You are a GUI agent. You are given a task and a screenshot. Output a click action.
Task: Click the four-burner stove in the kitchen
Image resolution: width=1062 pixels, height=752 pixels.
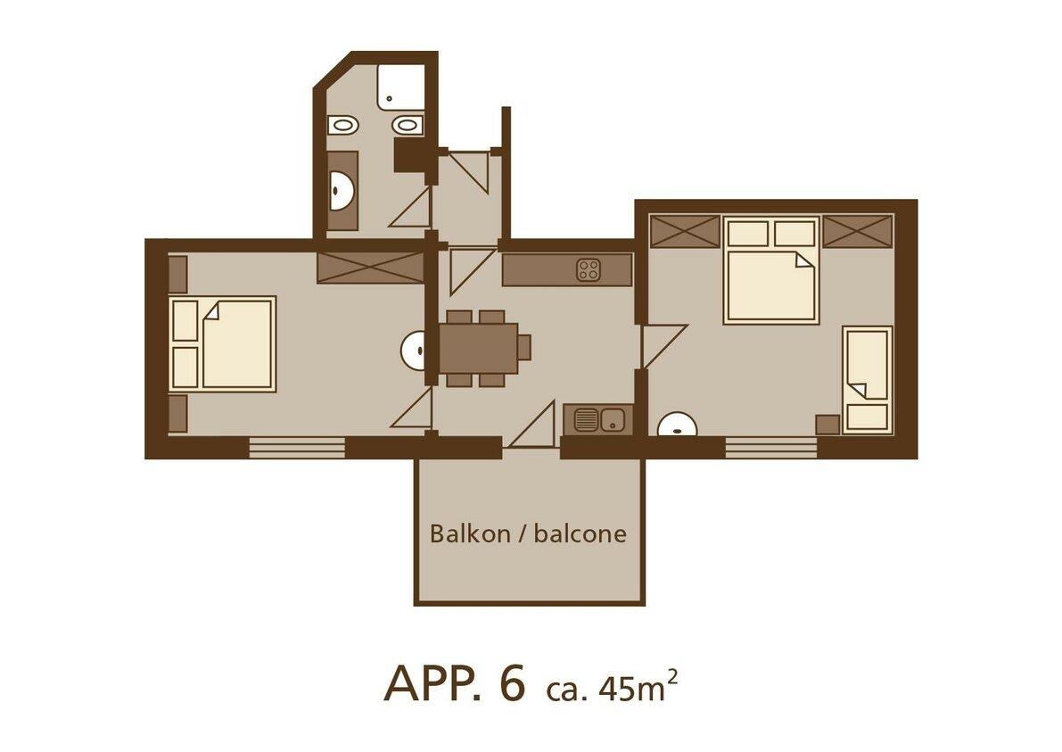(589, 269)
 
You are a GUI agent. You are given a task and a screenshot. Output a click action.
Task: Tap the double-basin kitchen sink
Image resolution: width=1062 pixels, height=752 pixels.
(598, 419)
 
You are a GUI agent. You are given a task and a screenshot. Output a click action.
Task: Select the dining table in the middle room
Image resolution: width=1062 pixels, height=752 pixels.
(478, 348)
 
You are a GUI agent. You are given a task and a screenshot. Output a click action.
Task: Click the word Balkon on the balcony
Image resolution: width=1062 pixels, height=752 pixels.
(470, 533)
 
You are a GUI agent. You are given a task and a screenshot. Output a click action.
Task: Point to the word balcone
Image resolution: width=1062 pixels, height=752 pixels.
(580, 533)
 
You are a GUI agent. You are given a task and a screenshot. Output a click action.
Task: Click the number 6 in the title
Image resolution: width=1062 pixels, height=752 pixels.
(512, 682)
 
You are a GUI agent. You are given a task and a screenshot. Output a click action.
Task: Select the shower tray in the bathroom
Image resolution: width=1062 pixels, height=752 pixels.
(401, 87)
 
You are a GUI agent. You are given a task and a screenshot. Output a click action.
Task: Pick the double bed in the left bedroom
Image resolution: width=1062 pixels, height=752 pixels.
(223, 344)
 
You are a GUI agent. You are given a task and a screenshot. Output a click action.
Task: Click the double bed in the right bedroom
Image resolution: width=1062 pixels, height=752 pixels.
(770, 269)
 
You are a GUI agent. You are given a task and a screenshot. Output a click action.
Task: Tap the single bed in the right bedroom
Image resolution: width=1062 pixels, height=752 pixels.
(867, 379)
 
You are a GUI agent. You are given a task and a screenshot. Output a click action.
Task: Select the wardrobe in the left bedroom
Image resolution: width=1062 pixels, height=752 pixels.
(370, 267)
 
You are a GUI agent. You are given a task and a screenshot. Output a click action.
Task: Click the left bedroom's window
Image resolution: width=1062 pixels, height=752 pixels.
(297, 448)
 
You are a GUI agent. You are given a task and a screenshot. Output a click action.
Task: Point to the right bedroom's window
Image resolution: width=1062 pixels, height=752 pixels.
(771, 448)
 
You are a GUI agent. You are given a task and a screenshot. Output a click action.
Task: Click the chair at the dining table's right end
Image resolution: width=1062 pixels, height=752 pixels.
(524, 348)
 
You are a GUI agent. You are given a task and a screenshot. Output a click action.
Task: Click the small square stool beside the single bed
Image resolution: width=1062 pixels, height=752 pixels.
(827, 424)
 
